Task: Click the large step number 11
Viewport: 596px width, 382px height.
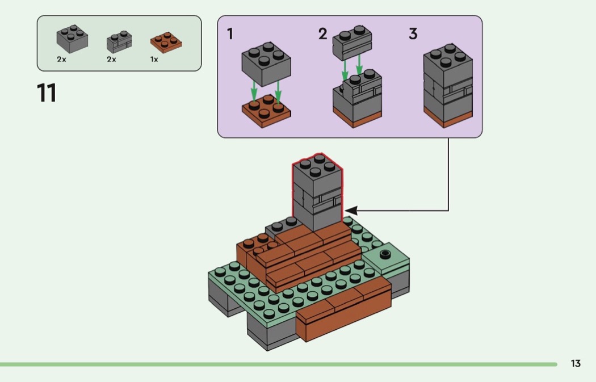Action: [x=47, y=93]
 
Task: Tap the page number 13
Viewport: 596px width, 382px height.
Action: [x=576, y=364]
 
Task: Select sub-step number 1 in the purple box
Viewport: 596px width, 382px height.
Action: [x=230, y=34]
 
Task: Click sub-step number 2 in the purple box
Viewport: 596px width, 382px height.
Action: [x=322, y=34]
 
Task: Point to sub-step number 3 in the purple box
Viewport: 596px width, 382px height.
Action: [x=413, y=34]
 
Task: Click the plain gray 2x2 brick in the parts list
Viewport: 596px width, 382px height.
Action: [x=72, y=39]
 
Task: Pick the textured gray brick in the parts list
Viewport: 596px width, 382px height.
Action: [x=119, y=41]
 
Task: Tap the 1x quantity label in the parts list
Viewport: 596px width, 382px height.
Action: [x=154, y=59]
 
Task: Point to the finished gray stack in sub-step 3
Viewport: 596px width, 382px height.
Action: [x=448, y=85]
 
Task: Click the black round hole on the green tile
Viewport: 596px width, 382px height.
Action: [x=386, y=253]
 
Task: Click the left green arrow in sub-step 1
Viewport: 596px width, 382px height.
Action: [x=254, y=91]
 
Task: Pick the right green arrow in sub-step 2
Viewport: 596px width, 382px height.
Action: [x=359, y=65]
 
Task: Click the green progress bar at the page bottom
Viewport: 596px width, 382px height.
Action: [x=278, y=364]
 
